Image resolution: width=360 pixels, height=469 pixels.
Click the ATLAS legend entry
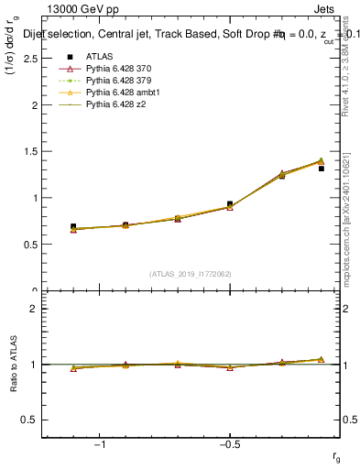[x=99, y=58]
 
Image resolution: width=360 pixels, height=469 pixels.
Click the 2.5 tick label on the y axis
[x=30, y=59]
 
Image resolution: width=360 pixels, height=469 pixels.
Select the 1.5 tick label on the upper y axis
[x=30, y=151]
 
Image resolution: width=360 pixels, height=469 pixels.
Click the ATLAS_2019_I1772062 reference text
[x=191, y=274]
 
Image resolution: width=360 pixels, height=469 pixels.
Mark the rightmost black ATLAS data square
[x=321, y=169]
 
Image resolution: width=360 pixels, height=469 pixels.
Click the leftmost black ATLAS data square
[x=73, y=226]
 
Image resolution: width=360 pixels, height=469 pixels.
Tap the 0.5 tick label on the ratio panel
[x=30, y=420]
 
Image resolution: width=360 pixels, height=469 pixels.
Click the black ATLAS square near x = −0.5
[x=230, y=204]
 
